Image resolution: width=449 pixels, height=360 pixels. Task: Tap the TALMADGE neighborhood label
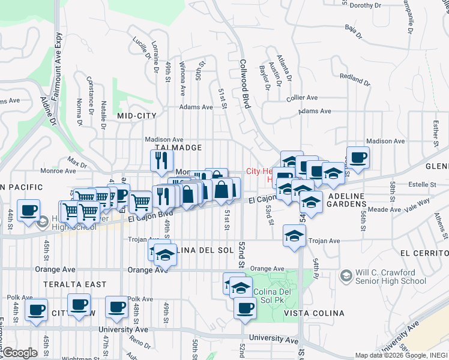tap(178, 148)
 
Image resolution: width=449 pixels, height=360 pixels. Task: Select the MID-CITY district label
tap(137, 116)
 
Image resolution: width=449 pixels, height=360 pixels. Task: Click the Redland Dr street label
tap(354, 77)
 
